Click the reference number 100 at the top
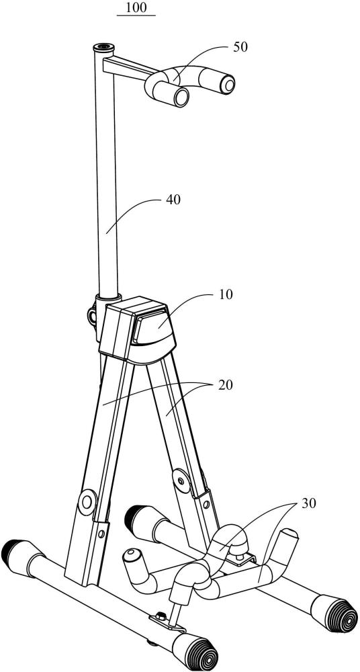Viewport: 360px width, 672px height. pos(136,7)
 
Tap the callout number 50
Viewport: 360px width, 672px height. pos(240,47)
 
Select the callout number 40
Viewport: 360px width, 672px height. pos(173,200)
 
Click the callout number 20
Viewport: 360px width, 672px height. pos(225,385)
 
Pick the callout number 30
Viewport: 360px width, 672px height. pos(308,503)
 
